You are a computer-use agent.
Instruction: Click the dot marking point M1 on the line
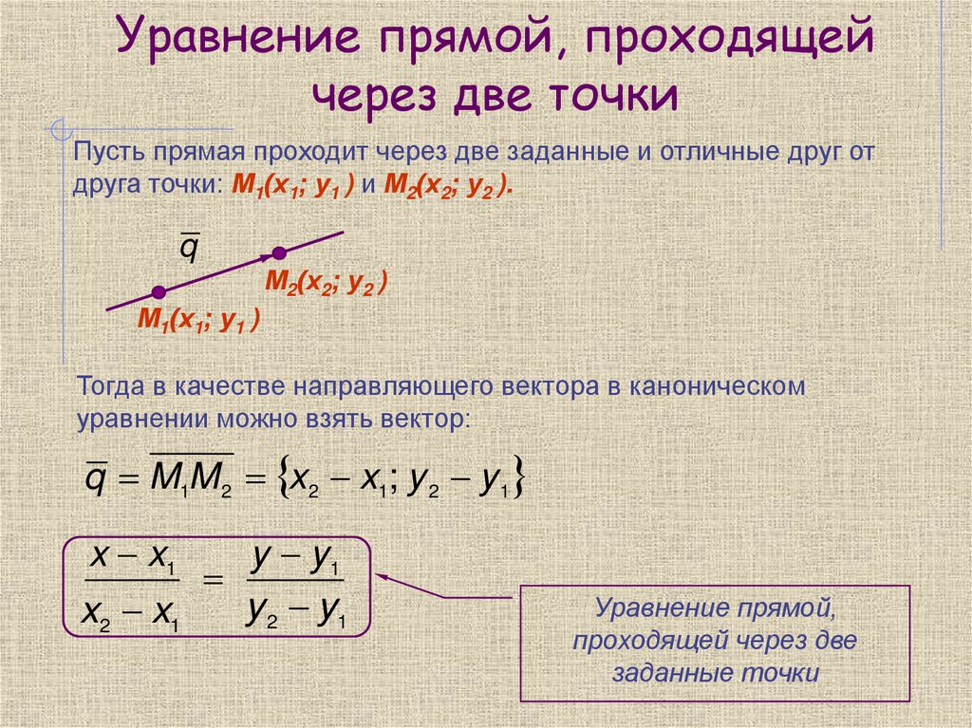click(159, 291)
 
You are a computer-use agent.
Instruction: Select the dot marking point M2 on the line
click(279, 252)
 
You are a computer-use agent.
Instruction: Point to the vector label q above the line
click(190, 249)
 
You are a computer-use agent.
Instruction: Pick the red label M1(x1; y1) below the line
click(198, 321)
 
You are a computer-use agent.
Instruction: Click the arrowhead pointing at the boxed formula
click(383, 575)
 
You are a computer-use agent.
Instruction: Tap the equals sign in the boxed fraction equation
click(214, 582)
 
